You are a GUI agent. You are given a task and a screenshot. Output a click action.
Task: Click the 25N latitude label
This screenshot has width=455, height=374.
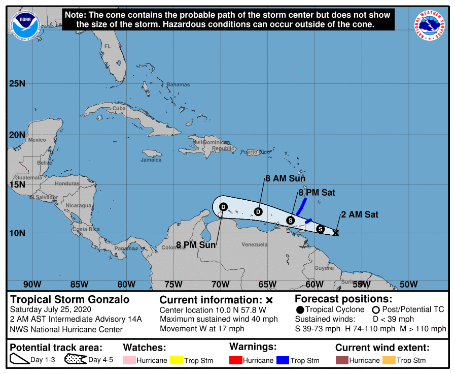tap(17, 83)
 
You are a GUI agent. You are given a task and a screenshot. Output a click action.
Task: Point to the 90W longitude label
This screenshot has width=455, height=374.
tap(32, 284)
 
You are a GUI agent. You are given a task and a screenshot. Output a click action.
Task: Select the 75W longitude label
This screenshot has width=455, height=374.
tap(173, 284)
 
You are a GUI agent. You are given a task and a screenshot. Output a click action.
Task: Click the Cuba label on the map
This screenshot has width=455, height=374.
tap(119, 108)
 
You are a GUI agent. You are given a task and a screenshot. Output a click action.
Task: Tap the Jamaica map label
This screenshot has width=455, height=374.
tap(151, 160)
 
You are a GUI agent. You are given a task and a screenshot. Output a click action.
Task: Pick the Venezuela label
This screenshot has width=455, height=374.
tap(254, 244)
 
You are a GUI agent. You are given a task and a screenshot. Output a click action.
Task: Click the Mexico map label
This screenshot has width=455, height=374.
tap(37, 140)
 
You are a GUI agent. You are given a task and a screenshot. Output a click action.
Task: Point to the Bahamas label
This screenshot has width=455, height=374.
tap(178, 84)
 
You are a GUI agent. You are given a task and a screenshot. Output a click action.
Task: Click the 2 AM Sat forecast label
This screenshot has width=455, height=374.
tap(360, 214)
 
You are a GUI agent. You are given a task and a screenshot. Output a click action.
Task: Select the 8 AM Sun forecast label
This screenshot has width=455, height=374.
tap(286, 178)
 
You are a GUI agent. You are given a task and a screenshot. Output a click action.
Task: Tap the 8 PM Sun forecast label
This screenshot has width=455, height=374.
tap(196, 245)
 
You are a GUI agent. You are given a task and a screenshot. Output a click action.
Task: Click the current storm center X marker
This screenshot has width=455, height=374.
tap(336, 233)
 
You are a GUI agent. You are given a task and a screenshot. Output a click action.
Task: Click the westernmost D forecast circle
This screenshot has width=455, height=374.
tap(223, 206)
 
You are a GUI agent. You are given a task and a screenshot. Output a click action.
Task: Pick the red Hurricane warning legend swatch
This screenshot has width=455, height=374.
tap(236, 360)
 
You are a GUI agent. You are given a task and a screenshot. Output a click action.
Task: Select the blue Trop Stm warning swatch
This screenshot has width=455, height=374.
tap(283, 360)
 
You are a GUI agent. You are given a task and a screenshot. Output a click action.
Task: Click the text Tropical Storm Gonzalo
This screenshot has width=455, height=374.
tap(70, 299)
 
